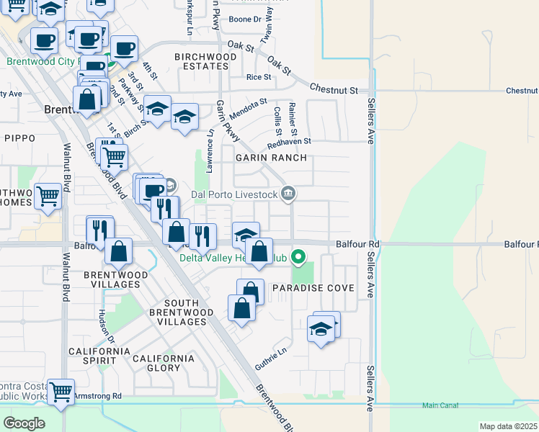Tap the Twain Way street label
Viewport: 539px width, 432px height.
point(268,24)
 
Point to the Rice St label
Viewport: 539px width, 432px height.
point(259,77)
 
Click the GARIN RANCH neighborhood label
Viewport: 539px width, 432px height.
point(270,158)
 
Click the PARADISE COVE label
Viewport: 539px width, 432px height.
point(313,288)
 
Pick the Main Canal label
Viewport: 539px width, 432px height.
point(440,406)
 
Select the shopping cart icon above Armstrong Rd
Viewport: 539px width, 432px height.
point(61,392)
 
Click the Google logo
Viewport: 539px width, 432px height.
point(24,423)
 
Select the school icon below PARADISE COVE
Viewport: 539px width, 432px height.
point(321,329)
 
